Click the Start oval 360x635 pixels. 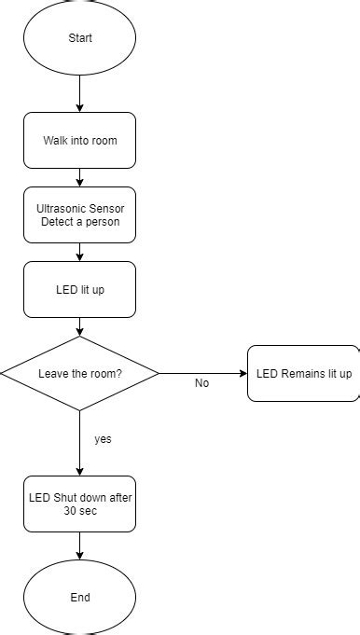click(x=79, y=38)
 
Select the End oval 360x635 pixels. click(x=79, y=597)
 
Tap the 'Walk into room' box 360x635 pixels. click(x=79, y=141)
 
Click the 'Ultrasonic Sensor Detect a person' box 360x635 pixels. click(x=79, y=215)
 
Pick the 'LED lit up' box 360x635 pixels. click(x=79, y=290)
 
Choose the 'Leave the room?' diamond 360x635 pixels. click(x=79, y=374)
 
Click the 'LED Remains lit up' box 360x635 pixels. click(x=303, y=374)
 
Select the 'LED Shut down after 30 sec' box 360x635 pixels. click(x=79, y=504)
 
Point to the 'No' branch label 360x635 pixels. click(x=201, y=383)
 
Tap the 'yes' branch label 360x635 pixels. click(x=104, y=438)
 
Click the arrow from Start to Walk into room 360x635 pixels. click(x=79, y=94)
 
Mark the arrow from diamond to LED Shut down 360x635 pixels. click(x=79, y=444)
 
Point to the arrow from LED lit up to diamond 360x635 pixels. click(x=79, y=327)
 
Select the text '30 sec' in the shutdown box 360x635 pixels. click(x=79, y=512)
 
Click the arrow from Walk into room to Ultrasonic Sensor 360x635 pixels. click(x=79, y=178)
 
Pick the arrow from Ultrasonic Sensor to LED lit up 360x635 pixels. click(x=79, y=253)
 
